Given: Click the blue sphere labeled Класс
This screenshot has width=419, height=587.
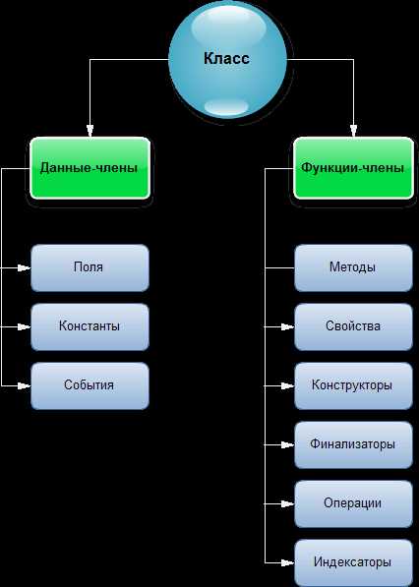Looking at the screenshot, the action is coord(227,59).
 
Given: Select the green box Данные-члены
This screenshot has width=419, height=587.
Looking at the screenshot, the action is coord(90,168).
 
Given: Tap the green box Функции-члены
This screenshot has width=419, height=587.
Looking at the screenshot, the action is coord(353,168).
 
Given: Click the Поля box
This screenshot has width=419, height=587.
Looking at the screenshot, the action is coord(90,268).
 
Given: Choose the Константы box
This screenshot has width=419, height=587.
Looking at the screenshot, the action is coord(90,326).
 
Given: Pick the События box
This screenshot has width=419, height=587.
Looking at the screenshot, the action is coord(90,385).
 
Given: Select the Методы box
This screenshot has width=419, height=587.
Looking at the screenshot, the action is coord(353,268).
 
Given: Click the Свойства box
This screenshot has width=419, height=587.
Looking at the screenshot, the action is coord(353,326).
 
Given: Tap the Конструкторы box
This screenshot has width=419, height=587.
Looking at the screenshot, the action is coord(353,385).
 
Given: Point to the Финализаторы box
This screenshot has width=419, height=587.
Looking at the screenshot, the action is coord(353,444).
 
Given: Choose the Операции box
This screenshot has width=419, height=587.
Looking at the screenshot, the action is coord(353,503).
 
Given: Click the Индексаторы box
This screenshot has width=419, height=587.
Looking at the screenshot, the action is coord(353,562).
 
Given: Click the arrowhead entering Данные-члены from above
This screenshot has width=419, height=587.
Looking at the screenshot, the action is coord(90,131).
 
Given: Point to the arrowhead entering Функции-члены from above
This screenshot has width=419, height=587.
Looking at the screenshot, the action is coord(353,131).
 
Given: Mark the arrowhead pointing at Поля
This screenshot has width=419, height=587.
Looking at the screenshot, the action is coord(25,268).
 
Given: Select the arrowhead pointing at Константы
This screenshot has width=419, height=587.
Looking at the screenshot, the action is coord(25,326).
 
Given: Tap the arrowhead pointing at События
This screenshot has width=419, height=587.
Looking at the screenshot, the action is coord(25,385).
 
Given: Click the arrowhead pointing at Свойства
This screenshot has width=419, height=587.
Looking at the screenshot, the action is coord(288,326).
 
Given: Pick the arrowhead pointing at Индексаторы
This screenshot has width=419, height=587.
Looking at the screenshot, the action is coord(288,562).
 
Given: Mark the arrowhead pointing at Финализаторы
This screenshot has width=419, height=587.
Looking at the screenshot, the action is coord(288,444).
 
